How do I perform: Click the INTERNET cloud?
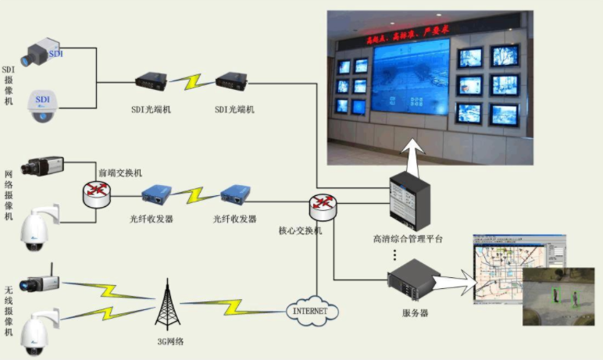point(316,311)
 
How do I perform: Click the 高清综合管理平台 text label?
point(408,238)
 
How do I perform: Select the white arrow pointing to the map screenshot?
point(461,280)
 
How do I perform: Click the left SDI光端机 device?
point(150,81)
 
